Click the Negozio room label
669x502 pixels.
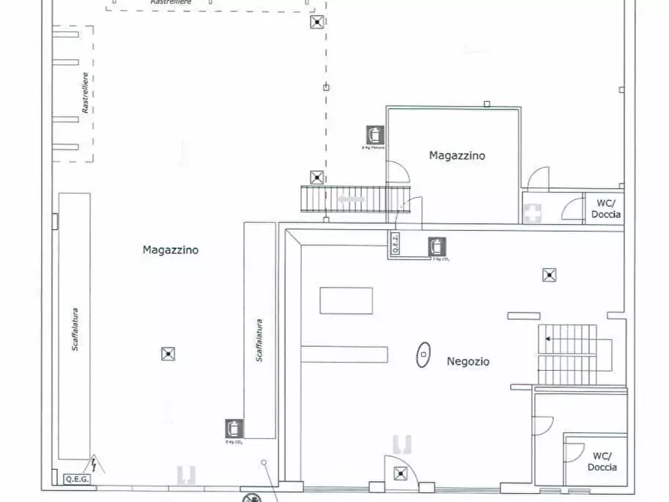(468, 361)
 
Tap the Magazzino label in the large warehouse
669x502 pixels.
(170, 250)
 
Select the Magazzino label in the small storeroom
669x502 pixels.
(457, 156)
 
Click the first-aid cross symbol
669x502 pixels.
(533, 214)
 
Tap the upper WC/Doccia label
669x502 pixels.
(605, 208)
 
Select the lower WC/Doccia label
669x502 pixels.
(603, 462)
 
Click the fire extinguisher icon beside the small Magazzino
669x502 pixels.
(375, 135)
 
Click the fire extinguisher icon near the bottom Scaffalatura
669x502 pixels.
(234, 429)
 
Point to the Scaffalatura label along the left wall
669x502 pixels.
(76, 329)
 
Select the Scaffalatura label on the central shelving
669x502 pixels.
(259, 341)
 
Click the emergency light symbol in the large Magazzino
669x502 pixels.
(168, 354)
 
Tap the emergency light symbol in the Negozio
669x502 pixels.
(549, 274)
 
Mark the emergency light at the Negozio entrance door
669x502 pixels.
(402, 473)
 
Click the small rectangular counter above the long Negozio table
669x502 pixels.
(346, 300)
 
